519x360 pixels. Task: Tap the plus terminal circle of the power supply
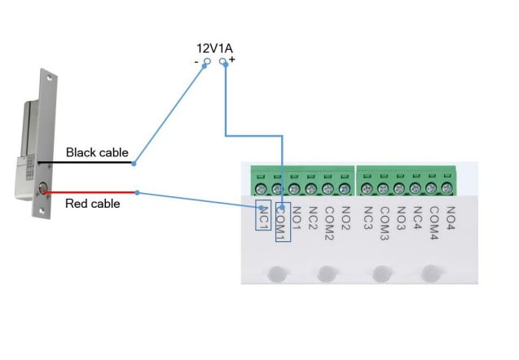pyautogui.click(x=224, y=61)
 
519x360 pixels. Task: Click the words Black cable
pyautogui.click(x=97, y=152)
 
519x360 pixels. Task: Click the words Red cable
pyautogui.click(x=92, y=204)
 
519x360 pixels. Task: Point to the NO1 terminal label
pyautogui.click(x=297, y=217)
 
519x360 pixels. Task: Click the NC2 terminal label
pyautogui.click(x=313, y=217)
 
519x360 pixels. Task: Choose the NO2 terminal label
pyautogui.click(x=345, y=217)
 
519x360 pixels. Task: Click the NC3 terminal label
pyautogui.click(x=368, y=217)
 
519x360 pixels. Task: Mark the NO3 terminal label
pyautogui.click(x=401, y=217)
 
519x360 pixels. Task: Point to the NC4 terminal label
pyautogui.click(x=417, y=217)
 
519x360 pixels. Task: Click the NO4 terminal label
pyautogui.click(x=450, y=217)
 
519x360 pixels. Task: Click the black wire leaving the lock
pyautogui.click(x=90, y=163)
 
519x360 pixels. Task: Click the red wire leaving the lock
pyautogui.click(x=90, y=193)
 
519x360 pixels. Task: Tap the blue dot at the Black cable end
pyautogui.click(x=134, y=163)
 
